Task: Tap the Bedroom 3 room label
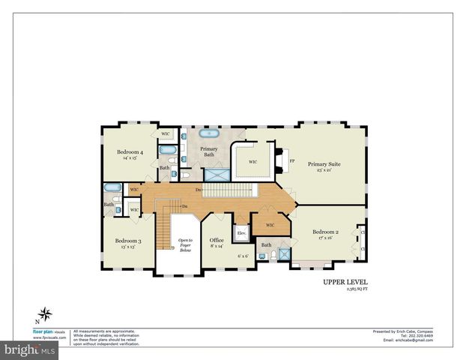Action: click(124, 241)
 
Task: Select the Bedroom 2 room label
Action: click(326, 232)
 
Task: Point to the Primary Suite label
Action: click(324, 163)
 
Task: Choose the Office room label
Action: click(217, 240)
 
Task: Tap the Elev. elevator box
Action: click(242, 233)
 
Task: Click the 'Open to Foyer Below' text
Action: click(185, 245)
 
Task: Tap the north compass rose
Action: click(46, 313)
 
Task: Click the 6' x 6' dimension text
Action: click(243, 256)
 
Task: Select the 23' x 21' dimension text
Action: click(324, 170)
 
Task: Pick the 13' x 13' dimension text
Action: click(124, 247)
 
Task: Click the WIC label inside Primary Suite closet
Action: click(253, 161)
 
